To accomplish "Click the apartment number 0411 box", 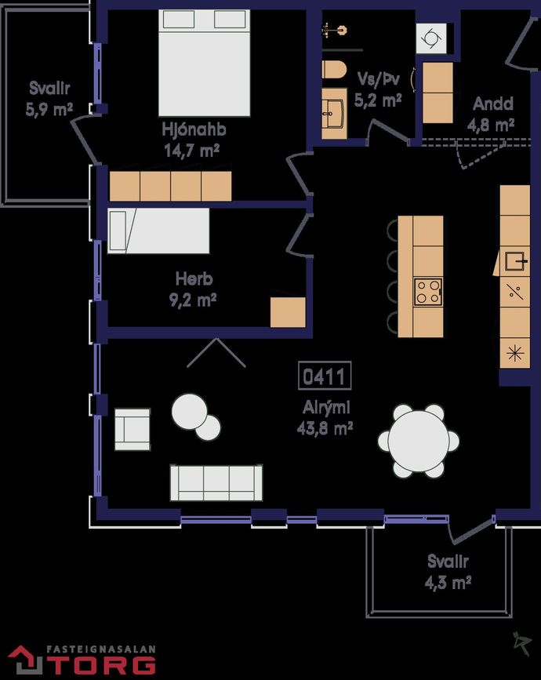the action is (x=325, y=376).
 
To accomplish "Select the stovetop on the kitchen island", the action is (x=428, y=292).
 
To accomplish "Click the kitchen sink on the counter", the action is (x=517, y=260).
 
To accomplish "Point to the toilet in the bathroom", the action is (x=334, y=70).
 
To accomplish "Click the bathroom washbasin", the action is (x=333, y=114).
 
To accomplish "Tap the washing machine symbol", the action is (x=431, y=38).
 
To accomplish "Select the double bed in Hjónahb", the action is (x=204, y=63).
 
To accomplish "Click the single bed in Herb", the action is (x=158, y=231).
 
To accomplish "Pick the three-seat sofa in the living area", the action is (x=216, y=482).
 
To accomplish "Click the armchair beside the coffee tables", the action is (x=133, y=429).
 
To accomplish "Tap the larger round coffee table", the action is (x=189, y=411).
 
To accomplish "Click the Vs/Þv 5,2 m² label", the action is (x=378, y=89).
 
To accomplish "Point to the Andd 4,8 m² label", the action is (x=491, y=114).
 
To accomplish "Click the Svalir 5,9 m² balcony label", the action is (x=49, y=99).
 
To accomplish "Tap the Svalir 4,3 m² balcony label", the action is (x=448, y=572).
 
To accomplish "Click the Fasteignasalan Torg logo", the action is (x=82, y=660).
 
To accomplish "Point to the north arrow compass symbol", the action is (x=522, y=644).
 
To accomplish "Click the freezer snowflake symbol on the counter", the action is (x=515, y=353).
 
